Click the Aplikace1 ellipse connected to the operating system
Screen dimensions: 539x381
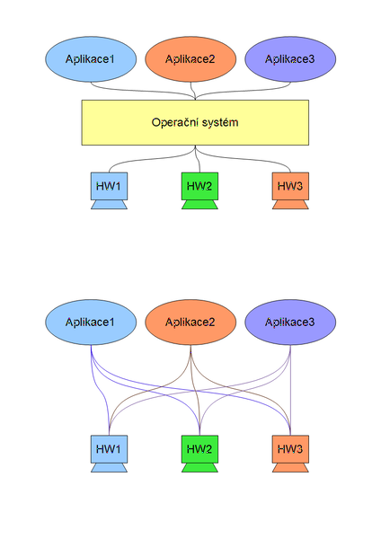point(90,59)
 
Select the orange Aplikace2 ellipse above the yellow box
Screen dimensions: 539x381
point(190,59)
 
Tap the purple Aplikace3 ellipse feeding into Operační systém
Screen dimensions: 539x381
point(290,59)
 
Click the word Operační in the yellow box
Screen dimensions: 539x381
point(176,122)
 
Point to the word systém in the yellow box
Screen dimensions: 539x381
point(221,122)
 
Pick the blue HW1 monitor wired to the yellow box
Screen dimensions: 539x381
point(109,187)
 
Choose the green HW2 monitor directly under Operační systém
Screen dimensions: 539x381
point(199,187)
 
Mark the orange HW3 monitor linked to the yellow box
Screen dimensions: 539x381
point(289,187)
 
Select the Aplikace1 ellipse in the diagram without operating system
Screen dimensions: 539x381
point(90,322)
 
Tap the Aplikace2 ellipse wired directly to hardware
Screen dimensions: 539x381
point(190,322)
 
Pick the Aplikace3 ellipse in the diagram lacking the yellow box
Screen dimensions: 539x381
point(290,322)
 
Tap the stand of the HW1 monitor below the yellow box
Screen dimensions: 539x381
point(109,206)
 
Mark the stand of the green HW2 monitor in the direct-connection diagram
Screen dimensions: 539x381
point(199,467)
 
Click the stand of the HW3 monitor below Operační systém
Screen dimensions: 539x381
point(289,206)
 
